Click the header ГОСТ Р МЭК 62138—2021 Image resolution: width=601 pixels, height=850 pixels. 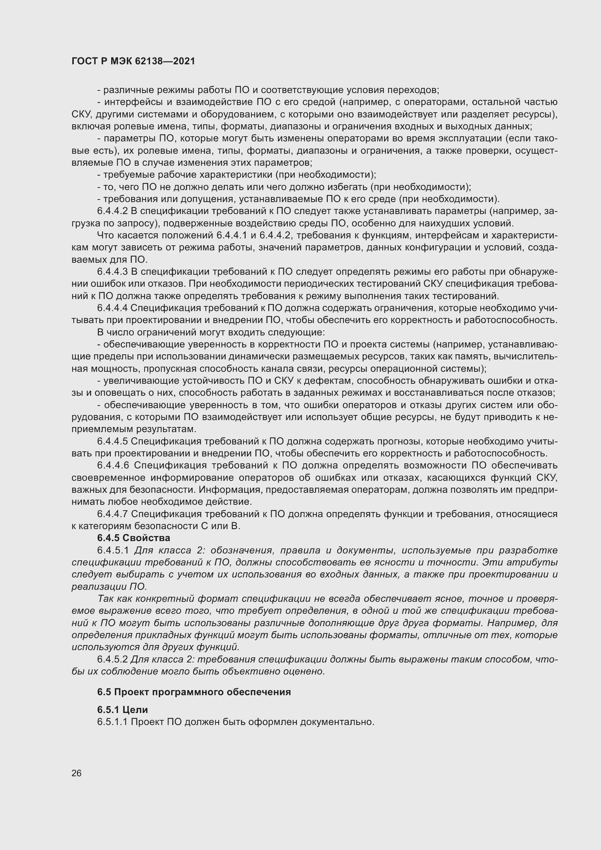133,61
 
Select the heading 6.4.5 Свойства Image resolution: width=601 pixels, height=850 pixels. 134,537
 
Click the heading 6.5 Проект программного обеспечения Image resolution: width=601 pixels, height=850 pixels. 194,692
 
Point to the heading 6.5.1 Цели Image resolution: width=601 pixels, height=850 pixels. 122,710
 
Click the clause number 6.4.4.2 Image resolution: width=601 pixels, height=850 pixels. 112,212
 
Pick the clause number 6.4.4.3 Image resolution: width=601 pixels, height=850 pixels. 112,272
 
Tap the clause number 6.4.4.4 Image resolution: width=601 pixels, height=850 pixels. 112,308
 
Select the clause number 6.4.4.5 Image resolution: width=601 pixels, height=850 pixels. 112,441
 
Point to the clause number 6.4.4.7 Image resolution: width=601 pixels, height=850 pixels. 112,514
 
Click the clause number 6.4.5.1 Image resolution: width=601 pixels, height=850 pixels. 113,551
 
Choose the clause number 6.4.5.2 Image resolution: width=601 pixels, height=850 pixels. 112,659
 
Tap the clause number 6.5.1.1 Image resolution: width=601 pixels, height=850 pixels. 112,722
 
